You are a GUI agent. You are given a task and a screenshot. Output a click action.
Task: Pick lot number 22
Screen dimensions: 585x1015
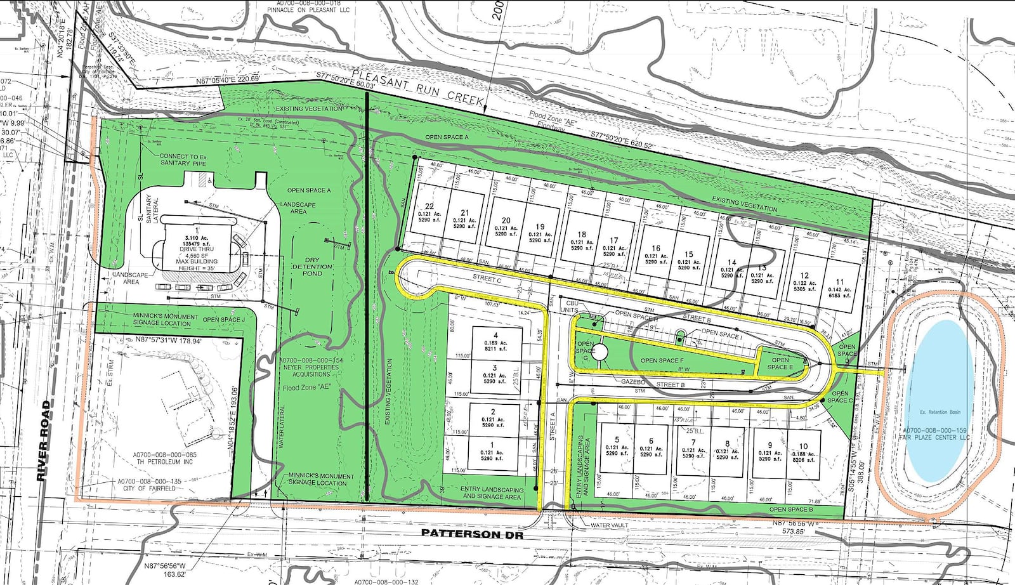429,206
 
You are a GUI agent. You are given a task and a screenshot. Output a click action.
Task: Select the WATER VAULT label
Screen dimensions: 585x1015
610,525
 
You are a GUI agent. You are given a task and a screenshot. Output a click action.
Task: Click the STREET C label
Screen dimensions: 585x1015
487,279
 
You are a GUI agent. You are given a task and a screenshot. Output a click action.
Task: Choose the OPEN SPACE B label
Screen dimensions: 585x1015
791,509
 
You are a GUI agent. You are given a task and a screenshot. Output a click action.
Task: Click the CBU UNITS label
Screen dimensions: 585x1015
570,306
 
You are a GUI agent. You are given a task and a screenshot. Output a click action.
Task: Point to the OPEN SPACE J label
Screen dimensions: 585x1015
223,320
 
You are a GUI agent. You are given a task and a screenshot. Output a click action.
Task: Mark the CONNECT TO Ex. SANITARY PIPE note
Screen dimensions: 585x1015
183,159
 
